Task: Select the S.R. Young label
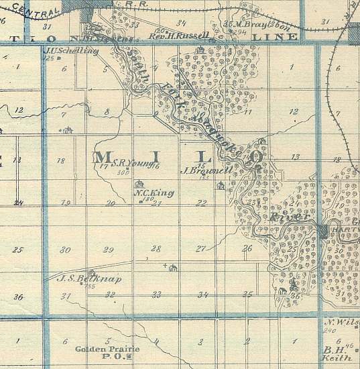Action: point(123,162)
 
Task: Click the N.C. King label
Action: point(154,193)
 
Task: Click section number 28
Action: point(156,249)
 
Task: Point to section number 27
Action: point(200,249)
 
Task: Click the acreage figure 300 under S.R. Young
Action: point(122,172)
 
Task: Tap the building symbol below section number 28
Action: point(172,269)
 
